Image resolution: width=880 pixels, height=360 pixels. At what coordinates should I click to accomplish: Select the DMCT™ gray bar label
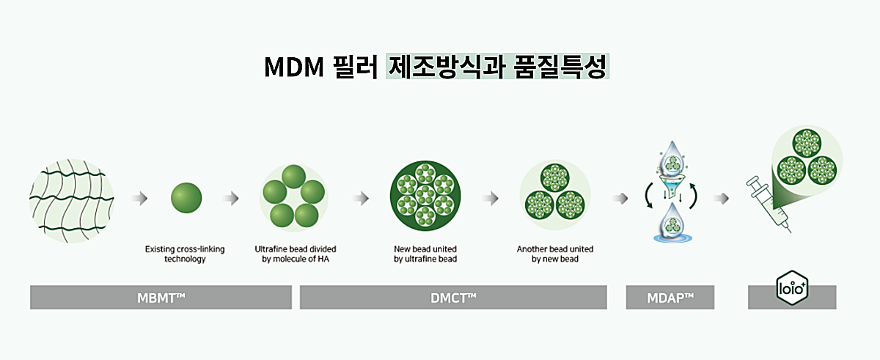452,297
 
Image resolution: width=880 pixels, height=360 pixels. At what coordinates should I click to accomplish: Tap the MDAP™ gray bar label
670,297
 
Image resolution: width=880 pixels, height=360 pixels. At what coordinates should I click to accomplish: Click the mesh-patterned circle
72,197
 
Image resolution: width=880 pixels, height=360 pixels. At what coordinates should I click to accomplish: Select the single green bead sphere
186,198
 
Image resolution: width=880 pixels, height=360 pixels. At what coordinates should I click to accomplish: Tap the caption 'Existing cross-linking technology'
185,254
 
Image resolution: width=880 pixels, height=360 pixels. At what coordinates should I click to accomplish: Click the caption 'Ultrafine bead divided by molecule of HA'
296,254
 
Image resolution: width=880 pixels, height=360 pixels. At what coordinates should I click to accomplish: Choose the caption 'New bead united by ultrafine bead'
425,254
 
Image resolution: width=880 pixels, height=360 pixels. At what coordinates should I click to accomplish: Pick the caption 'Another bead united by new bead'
555,254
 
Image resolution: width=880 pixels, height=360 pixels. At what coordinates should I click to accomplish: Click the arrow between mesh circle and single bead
139,198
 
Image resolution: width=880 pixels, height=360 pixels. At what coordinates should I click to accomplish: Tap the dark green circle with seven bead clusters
425,197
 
